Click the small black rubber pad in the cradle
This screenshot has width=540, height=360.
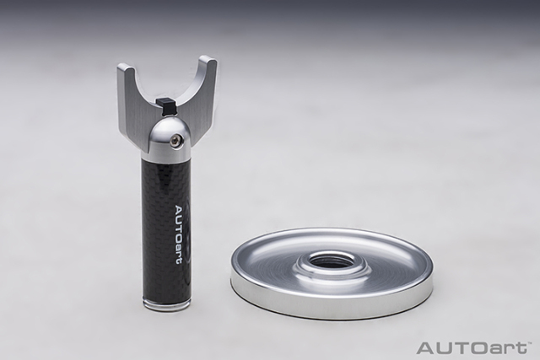tap(164, 105)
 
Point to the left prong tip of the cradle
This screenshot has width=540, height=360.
tap(124, 67)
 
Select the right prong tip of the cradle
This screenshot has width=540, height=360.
tap(208, 59)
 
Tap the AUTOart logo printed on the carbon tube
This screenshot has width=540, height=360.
tap(181, 235)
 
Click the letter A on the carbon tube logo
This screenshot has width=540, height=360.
tap(181, 210)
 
